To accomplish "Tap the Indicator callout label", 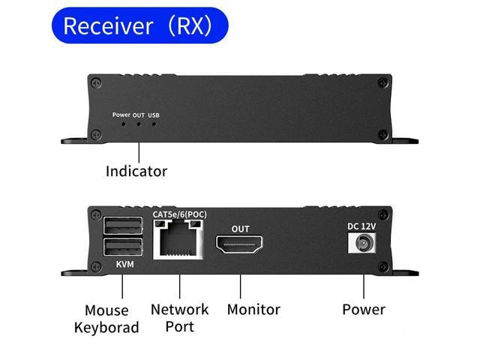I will tap(136, 171).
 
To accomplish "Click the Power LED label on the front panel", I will tap(121, 115).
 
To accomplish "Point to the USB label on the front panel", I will tap(154, 115).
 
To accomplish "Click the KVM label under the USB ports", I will tap(125, 265).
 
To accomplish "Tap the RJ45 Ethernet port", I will tap(179, 241).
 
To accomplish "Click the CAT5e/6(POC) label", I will tap(179, 214).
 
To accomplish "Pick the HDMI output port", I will tap(240, 244).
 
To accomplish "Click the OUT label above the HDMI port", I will tap(240, 229).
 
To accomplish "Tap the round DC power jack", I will tap(363, 243).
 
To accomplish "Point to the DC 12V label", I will tap(363, 225).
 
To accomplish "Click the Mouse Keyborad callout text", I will tap(106, 319).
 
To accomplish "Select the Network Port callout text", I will tap(180, 317).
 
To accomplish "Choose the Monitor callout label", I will tap(253, 309).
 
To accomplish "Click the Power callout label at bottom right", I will tap(364, 309).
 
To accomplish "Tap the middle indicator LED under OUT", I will tap(138, 123).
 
